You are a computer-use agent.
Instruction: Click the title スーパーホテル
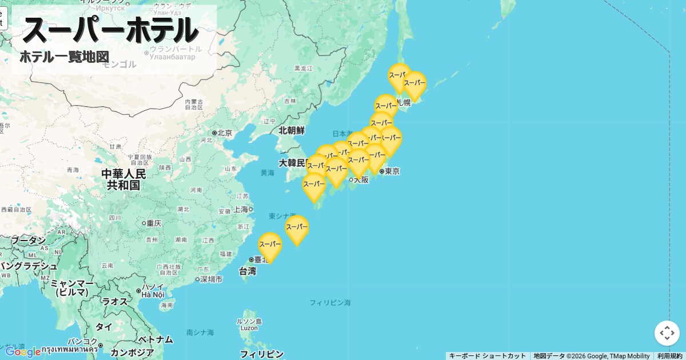tap(110, 30)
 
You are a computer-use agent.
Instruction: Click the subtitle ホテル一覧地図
tap(64, 57)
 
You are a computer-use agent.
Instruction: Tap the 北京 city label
tap(224, 133)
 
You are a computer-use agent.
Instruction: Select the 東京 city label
tap(392, 171)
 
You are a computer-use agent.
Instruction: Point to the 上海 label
tap(240, 209)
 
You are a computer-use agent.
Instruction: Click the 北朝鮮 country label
tap(292, 130)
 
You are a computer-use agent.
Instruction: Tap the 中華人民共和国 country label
tap(124, 179)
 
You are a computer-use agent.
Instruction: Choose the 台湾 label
tap(248, 271)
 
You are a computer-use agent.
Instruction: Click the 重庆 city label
tap(154, 223)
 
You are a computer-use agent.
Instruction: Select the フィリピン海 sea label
tap(330, 302)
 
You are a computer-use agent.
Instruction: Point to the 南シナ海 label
tap(200, 332)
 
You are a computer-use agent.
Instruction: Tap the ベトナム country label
tap(155, 339)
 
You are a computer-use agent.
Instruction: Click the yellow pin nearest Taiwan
tap(270, 246)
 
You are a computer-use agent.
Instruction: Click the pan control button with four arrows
tap(667, 333)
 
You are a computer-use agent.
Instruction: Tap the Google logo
tap(23, 352)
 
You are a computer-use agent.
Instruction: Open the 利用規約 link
tap(669, 356)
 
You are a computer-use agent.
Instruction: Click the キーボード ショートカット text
tap(487, 356)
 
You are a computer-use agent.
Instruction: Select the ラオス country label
tap(114, 302)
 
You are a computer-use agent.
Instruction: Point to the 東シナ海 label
tap(282, 216)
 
